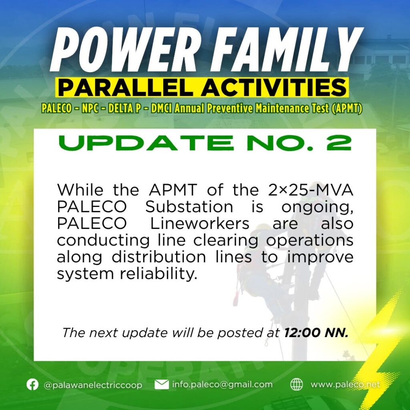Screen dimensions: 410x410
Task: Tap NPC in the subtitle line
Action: click(90, 108)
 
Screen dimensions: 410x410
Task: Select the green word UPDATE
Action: click(146, 143)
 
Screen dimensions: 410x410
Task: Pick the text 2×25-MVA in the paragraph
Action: click(311, 190)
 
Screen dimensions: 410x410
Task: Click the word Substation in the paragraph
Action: click(189, 207)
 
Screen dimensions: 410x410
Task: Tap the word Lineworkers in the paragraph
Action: click(199, 224)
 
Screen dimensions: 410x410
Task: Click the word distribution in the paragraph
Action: click(159, 257)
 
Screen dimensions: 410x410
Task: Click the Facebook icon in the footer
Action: click(32, 384)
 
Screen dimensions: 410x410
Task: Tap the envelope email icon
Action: click(162, 384)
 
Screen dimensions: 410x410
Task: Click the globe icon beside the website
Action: click(297, 384)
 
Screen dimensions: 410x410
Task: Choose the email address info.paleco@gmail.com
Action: click(222, 384)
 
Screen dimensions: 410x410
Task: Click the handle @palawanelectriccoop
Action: click(93, 385)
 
